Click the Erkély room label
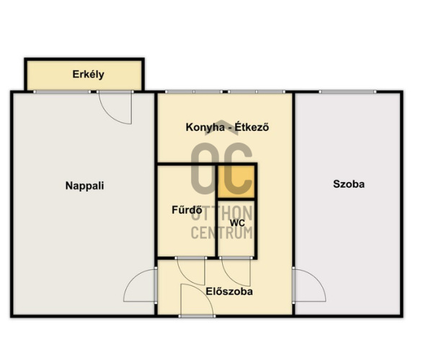(x=89, y=74)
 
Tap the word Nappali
(x=84, y=186)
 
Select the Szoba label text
(x=349, y=184)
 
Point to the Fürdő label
(x=187, y=210)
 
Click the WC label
(x=237, y=223)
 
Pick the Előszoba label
(x=229, y=292)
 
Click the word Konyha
(x=205, y=127)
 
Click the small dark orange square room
(x=236, y=181)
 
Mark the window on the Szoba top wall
(x=347, y=91)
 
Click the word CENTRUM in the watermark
(x=222, y=233)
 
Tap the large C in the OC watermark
(x=236, y=168)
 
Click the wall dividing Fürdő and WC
(x=217, y=211)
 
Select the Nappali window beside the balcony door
(x=62, y=91)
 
